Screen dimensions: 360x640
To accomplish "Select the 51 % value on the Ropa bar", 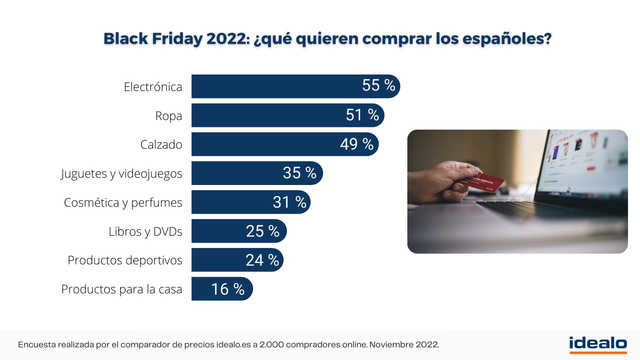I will (x=362, y=115).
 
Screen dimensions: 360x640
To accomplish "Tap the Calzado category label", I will (x=161, y=145).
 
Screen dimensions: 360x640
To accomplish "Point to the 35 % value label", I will (x=299, y=173).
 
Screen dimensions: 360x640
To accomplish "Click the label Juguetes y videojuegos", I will (x=122, y=174).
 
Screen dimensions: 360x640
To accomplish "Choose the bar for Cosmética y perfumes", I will (x=233, y=202).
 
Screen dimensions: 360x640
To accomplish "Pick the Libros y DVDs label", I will (x=145, y=231).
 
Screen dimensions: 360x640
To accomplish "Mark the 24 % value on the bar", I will (x=262, y=260).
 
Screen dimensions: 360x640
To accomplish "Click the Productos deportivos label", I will (x=125, y=260).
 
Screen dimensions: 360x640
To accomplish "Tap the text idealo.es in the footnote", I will (x=233, y=345).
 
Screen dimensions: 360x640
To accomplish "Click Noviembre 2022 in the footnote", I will (x=404, y=345).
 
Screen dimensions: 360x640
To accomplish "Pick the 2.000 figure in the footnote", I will (x=271, y=345).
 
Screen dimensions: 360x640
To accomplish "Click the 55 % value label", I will (x=378, y=86).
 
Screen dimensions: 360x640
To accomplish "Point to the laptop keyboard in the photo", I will (x=547, y=210).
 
